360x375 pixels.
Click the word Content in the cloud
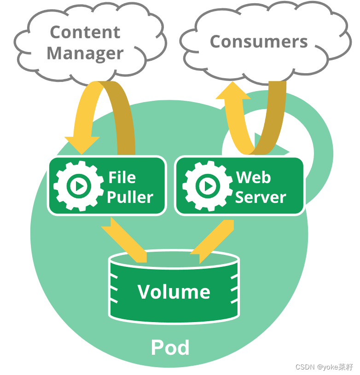click(x=85, y=32)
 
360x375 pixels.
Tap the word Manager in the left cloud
click(x=85, y=53)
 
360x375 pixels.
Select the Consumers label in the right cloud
click(x=259, y=42)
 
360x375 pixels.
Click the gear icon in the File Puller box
click(x=78, y=185)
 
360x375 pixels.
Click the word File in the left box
click(x=122, y=177)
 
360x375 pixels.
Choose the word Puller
click(x=130, y=197)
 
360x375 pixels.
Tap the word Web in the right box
click(x=253, y=177)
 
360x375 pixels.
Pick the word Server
click(x=261, y=197)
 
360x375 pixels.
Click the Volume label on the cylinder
click(x=174, y=292)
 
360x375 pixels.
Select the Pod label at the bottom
click(x=170, y=348)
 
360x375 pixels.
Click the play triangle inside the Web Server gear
click(x=208, y=186)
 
